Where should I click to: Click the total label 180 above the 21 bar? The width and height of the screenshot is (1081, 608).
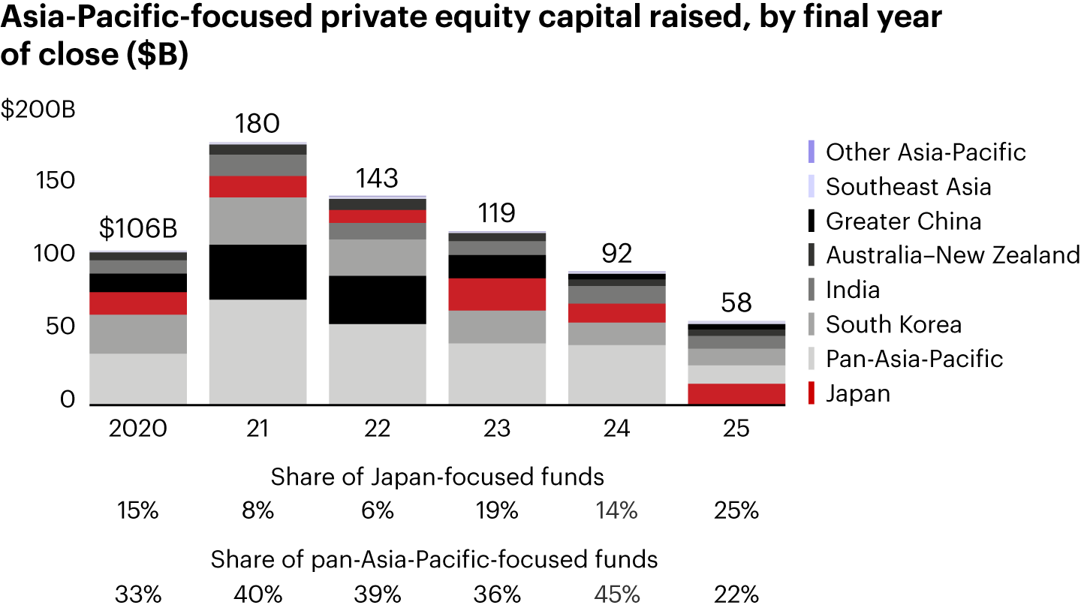click(257, 123)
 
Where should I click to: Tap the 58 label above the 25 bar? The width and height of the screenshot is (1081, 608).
click(736, 303)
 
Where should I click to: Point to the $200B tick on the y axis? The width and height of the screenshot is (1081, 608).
click(38, 110)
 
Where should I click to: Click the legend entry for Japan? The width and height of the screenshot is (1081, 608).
click(857, 393)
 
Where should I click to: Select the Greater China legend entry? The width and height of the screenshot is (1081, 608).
click(903, 221)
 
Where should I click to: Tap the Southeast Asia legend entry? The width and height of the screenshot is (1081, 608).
click(908, 186)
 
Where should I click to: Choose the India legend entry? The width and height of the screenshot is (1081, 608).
click(853, 290)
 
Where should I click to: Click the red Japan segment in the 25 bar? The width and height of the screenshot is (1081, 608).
click(736, 394)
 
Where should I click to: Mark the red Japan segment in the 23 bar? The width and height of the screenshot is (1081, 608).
click(497, 294)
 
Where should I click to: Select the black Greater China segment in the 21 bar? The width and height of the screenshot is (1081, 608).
click(257, 272)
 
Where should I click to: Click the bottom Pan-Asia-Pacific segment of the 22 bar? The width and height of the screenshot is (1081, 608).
click(378, 364)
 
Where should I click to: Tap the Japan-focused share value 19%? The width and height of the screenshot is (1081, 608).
click(497, 511)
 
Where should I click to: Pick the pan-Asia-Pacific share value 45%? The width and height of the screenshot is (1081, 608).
click(617, 595)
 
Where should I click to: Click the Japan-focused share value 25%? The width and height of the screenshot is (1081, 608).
click(736, 511)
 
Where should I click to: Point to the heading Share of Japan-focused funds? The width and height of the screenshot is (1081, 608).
click(438, 477)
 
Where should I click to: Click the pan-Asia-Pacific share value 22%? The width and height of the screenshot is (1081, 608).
click(736, 595)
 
